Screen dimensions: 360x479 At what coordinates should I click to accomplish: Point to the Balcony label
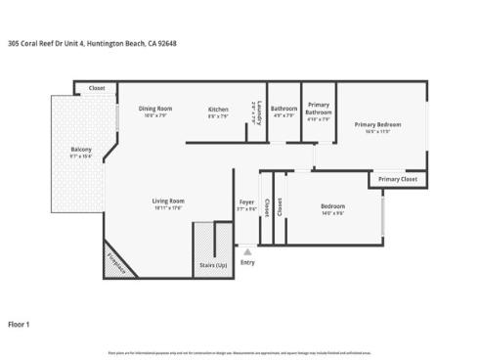(x=80, y=149)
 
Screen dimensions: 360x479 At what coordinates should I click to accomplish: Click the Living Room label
(x=168, y=201)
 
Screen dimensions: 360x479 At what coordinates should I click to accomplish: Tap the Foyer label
(x=247, y=202)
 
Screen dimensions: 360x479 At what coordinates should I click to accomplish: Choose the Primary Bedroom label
(x=377, y=124)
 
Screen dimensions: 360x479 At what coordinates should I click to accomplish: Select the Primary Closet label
(x=397, y=179)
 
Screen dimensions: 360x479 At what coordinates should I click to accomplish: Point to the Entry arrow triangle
(x=247, y=251)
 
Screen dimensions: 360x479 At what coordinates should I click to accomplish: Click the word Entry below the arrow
(x=247, y=262)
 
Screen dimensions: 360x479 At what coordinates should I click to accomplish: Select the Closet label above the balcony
(x=97, y=88)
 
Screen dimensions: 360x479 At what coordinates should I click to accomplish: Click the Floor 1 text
(x=20, y=323)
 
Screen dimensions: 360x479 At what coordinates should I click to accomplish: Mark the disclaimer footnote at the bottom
(x=239, y=350)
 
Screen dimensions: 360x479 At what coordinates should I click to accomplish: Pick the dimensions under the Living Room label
(x=168, y=207)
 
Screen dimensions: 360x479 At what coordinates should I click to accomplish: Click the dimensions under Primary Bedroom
(x=377, y=131)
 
